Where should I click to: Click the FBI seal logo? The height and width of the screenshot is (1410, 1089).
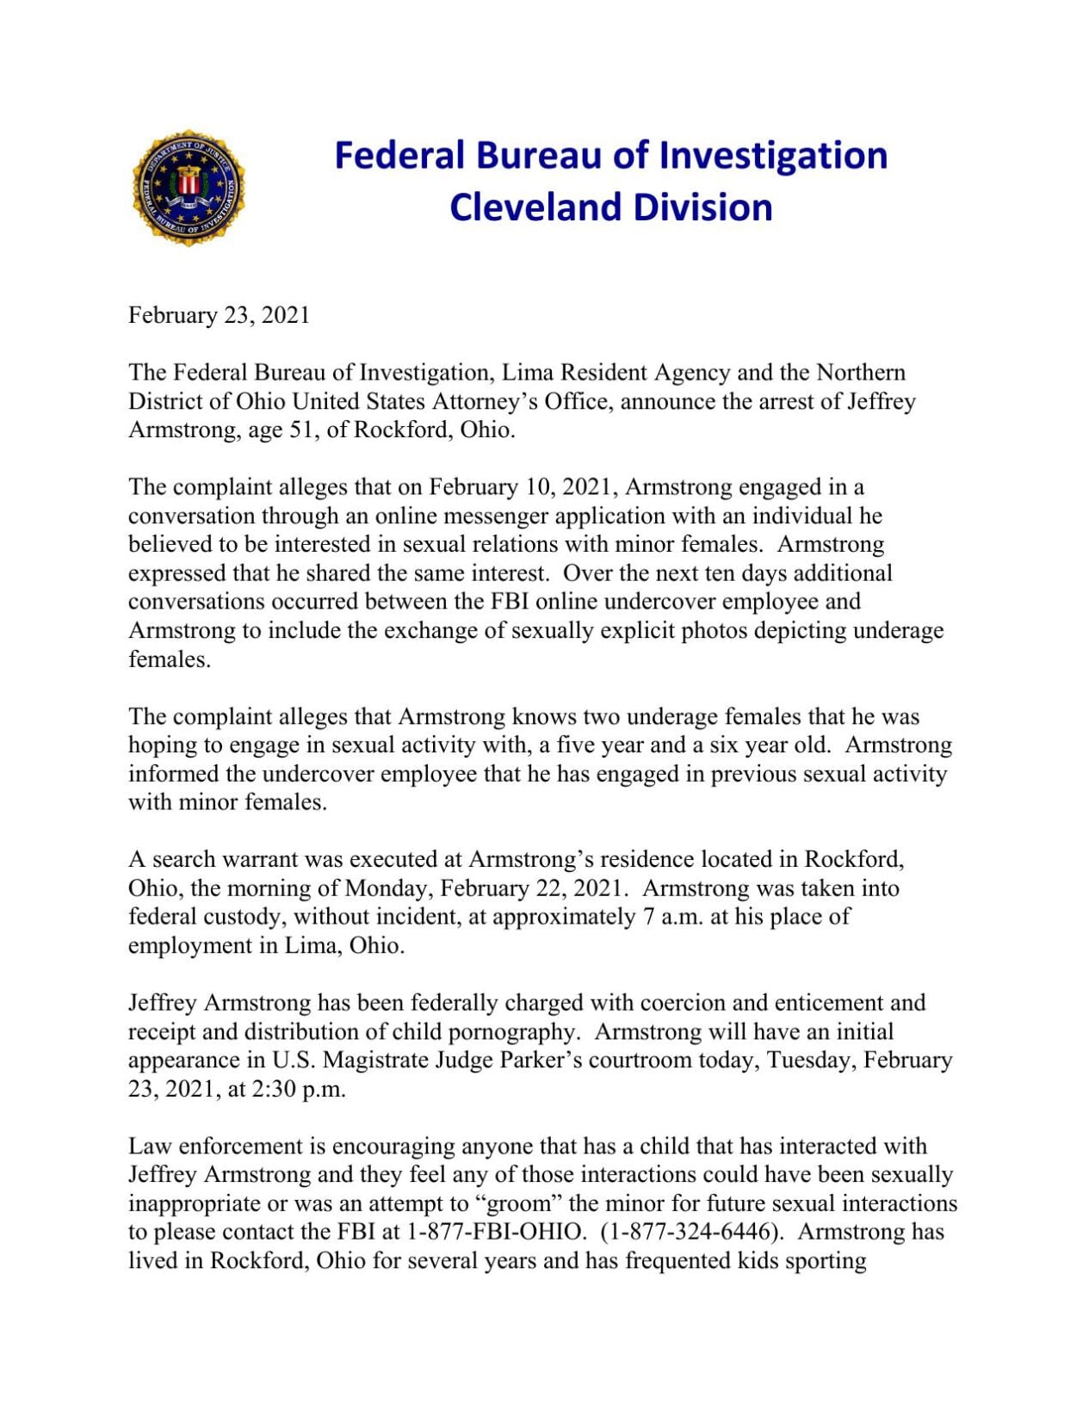pyautogui.click(x=189, y=188)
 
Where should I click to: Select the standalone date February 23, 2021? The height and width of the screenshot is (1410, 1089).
pyautogui.click(x=219, y=315)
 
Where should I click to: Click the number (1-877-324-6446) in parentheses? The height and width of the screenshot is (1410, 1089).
pyautogui.click(x=693, y=1232)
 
